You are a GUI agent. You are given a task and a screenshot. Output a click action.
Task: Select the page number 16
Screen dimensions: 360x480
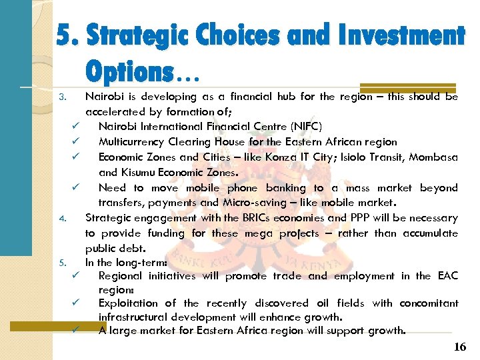point(460,347)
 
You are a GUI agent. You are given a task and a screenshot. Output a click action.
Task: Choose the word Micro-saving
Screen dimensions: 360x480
point(285,202)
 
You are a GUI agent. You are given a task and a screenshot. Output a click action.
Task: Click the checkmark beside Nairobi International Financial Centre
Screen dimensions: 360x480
point(77,126)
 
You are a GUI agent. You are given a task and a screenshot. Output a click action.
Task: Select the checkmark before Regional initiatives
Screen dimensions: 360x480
point(77,275)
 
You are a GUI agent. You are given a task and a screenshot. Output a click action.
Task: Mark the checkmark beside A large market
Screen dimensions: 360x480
point(77,330)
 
